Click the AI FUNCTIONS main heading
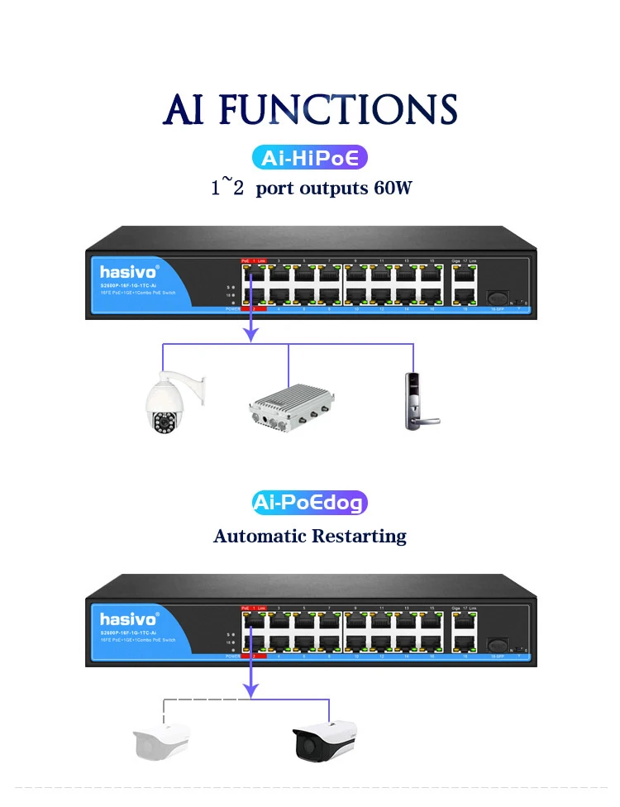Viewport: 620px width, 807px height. [309, 109]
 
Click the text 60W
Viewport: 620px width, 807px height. [393, 188]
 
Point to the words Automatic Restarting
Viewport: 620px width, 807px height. [310, 536]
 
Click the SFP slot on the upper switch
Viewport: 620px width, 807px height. [497, 296]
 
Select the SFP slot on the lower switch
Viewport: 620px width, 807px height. [497, 643]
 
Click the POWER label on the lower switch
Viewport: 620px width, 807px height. [232, 656]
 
